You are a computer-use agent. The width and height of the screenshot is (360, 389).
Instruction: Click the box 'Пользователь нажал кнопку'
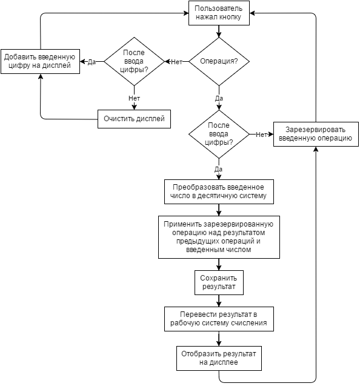tap(219, 13)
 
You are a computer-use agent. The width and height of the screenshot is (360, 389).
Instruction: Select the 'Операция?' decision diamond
tap(219, 62)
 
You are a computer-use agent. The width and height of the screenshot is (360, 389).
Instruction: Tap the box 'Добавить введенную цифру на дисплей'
tap(40, 62)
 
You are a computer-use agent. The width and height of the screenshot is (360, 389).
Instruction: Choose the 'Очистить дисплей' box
tap(134, 119)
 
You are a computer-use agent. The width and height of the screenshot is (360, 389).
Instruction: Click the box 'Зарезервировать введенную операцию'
tap(316, 135)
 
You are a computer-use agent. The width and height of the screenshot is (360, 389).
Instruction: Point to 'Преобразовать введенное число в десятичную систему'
tap(219, 191)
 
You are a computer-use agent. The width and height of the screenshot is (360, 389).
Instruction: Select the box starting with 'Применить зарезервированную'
tap(219, 237)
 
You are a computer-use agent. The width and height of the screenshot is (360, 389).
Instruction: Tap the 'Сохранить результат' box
tap(219, 282)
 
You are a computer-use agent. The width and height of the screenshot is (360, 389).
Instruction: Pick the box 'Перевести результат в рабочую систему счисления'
tap(219, 319)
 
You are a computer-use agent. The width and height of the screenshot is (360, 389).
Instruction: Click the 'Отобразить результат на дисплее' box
tap(219, 359)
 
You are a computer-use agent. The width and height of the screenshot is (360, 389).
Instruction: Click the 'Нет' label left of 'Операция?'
tap(176, 62)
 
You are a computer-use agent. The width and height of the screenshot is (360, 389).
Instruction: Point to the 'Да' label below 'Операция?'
tap(219, 99)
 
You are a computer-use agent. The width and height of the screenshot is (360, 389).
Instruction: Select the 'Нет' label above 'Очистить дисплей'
tap(134, 98)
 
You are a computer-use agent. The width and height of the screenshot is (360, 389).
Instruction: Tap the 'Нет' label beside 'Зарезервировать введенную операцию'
tap(261, 135)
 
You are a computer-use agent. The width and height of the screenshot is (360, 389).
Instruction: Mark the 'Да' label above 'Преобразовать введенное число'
tap(218, 170)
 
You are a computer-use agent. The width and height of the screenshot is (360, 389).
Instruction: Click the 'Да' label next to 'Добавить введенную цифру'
tap(92, 62)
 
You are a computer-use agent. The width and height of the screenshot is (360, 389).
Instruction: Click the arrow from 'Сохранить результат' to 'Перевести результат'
tap(219, 301)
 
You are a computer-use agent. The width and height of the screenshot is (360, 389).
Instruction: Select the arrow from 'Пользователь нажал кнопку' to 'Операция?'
tap(219, 32)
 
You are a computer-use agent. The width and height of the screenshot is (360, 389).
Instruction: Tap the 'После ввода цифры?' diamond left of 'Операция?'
tap(134, 62)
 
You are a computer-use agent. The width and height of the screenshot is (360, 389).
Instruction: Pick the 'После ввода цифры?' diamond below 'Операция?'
tap(219, 135)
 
